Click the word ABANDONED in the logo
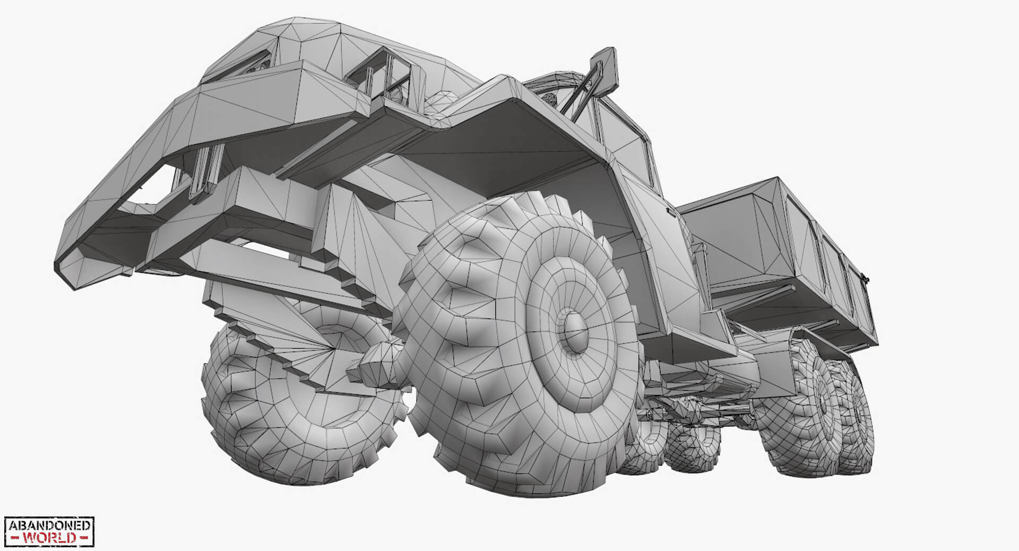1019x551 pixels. pyautogui.click(x=49, y=526)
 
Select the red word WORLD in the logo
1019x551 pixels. pyautogui.click(x=49, y=538)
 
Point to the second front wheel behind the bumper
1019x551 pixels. pyautogui.click(x=297, y=403)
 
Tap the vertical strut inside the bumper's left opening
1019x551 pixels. pyautogui.click(x=204, y=170)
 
